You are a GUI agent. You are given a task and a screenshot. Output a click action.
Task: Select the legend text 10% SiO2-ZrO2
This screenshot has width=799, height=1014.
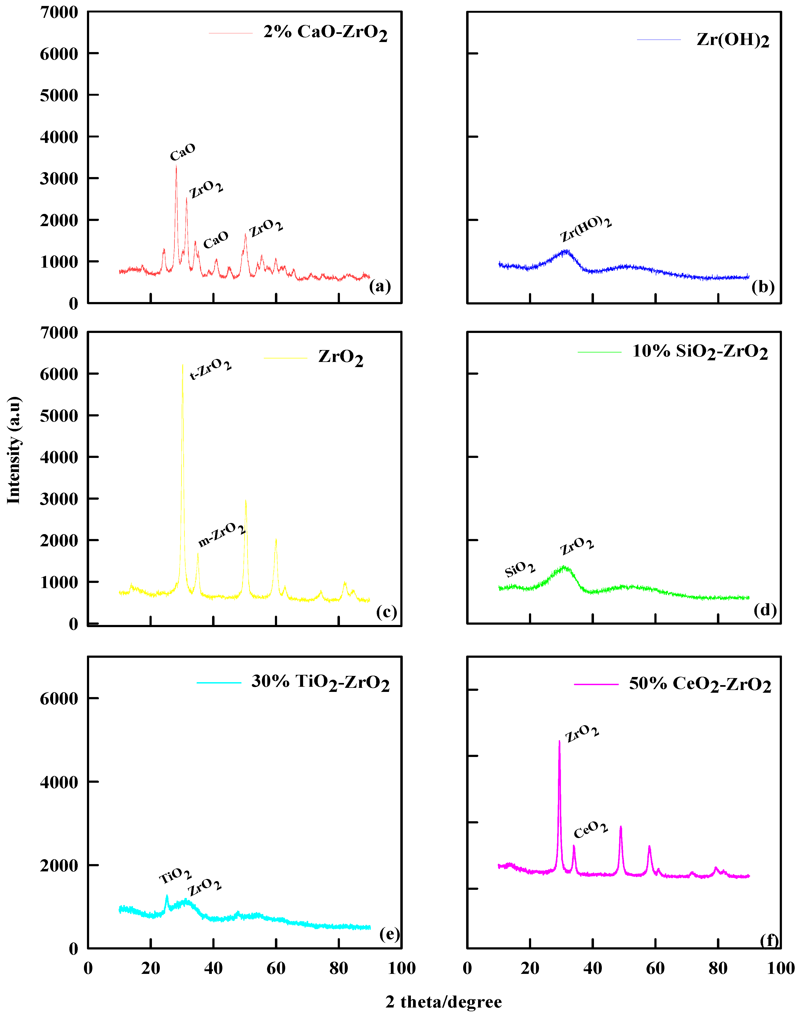coord(700,352)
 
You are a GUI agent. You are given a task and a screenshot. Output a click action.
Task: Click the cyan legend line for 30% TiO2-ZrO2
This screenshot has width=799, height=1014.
coord(219,683)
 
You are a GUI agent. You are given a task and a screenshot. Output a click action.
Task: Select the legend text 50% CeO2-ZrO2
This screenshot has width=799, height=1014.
coord(700,684)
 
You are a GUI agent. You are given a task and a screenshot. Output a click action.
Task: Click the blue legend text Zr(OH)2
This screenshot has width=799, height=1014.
coord(733,40)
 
